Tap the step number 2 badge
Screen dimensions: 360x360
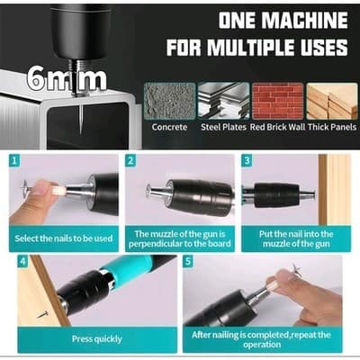131,161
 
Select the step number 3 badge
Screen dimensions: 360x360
247,161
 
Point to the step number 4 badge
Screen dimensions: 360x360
22,262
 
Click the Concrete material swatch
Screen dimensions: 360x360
169,101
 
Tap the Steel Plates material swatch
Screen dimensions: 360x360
223,101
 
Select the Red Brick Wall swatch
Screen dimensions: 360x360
277,101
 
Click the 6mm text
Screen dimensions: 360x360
67,78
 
